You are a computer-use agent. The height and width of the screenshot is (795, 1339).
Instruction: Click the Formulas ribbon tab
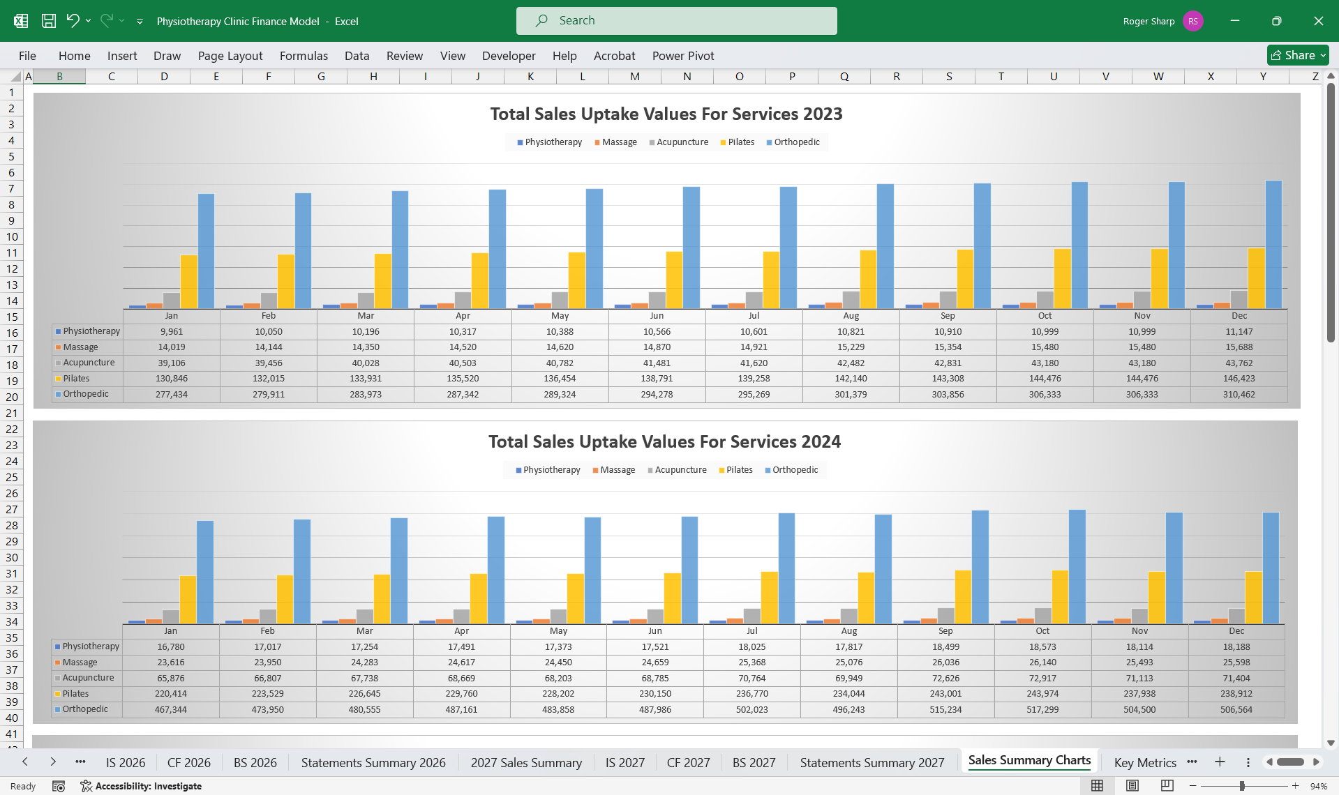tap(304, 56)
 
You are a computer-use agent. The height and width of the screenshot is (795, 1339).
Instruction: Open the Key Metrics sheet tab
tap(1145, 762)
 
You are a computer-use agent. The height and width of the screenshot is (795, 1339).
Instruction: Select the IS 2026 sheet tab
tap(126, 762)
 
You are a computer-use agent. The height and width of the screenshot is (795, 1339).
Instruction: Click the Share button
tap(1298, 55)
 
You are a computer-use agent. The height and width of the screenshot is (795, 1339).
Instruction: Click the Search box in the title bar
tap(676, 21)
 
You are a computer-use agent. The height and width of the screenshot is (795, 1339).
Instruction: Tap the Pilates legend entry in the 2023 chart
tap(738, 142)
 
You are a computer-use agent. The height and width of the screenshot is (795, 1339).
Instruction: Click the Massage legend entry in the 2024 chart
tap(614, 470)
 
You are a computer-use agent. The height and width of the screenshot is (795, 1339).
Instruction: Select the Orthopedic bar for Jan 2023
tap(206, 251)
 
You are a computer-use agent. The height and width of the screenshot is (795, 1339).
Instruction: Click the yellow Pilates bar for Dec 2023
tap(1256, 278)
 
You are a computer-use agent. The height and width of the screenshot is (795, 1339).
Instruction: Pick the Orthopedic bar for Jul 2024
tap(786, 568)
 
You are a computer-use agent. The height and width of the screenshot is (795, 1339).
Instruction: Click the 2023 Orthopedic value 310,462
tap(1239, 395)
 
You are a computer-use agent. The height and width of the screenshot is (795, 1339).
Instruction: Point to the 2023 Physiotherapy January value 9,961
tap(172, 332)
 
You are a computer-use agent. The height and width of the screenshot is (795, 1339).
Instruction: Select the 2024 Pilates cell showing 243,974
tap(1042, 694)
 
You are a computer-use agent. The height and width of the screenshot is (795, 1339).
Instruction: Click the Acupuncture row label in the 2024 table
tap(88, 678)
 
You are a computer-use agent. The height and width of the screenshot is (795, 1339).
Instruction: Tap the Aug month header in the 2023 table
tap(851, 316)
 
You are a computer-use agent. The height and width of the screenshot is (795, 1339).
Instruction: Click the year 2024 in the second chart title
tap(821, 441)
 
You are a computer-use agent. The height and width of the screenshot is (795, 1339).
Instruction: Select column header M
tap(634, 76)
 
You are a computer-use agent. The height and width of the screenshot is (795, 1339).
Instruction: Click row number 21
tap(12, 413)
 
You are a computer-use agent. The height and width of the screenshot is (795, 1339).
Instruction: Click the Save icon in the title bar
tap(49, 21)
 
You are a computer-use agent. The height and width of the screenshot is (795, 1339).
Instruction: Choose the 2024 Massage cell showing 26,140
tap(1042, 662)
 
